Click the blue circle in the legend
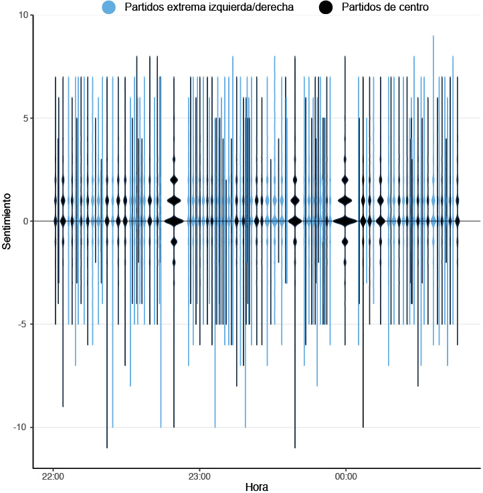pyautogui.click(x=108, y=7)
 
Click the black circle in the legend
pyautogui.click(x=326, y=7)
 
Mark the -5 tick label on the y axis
pyautogui.click(x=23, y=324)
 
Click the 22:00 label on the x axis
pyautogui.click(x=53, y=477)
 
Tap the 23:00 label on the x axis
pyautogui.click(x=199, y=477)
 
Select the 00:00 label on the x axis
pyautogui.click(x=345, y=477)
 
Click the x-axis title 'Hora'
pyautogui.click(x=257, y=488)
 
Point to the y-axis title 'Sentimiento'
pyautogui.click(x=7, y=221)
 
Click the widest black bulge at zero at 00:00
pyautogui.click(x=345, y=221)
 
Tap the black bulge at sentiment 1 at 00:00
pyautogui.click(x=345, y=200)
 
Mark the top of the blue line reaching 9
pyautogui.click(x=433, y=36)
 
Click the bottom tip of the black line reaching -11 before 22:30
pyautogui.click(x=107, y=447)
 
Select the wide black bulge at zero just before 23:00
pyautogui.click(x=174, y=221)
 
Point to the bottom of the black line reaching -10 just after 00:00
pyautogui.click(x=363, y=427)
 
